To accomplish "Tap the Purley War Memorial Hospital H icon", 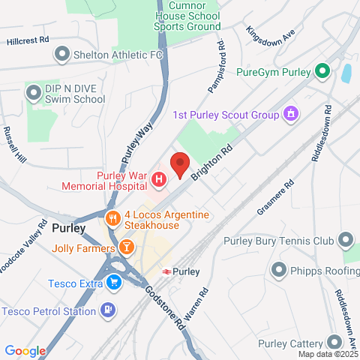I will pyautogui.click(x=159, y=179).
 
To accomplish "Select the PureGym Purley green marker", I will pyautogui.click(x=322, y=72).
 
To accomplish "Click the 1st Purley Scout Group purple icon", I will pyautogui.click(x=290, y=114).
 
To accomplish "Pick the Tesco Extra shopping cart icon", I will pyautogui.click(x=113, y=283).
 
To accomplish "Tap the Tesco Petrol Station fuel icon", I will pyautogui.click(x=109, y=309).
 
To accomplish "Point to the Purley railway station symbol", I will pyautogui.click(x=166, y=271).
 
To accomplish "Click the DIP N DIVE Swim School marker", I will pyautogui.click(x=33, y=93).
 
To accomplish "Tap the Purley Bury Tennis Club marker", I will pyautogui.click(x=345, y=241).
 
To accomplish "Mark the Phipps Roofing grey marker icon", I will pyautogui.click(x=279, y=268).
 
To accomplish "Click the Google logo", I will pyautogui.click(x=25, y=350).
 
